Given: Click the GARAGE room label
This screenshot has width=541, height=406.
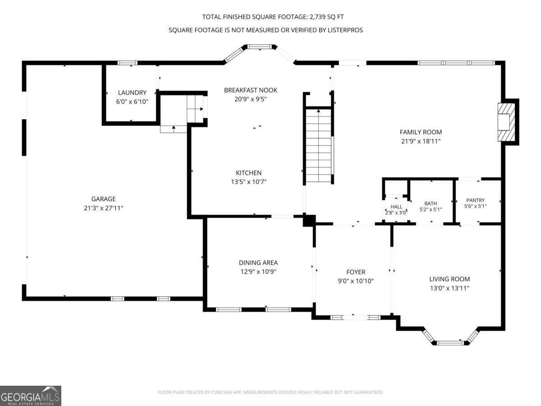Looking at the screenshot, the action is click(x=104, y=199).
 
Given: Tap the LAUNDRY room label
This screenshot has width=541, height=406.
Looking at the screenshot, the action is click(x=132, y=92).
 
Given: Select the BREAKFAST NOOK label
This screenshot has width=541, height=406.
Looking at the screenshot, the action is click(x=251, y=90).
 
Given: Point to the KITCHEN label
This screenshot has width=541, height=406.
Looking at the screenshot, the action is click(x=249, y=173).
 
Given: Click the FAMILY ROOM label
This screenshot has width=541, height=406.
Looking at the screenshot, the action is click(x=421, y=132).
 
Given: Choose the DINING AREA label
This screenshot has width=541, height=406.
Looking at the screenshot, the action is click(x=258, y=263).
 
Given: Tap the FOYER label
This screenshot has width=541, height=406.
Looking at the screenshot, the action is click(x=356, y=272).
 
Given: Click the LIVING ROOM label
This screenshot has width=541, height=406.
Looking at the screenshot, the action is click(x=449, y=279).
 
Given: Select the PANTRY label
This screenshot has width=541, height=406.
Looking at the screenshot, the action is click(x=476, y=200).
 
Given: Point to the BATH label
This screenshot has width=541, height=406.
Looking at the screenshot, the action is click(x=431, y=203).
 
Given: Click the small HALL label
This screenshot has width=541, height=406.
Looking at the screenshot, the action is click(x=396, y=207).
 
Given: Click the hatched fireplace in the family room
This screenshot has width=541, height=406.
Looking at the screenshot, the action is click(x=506, y=122).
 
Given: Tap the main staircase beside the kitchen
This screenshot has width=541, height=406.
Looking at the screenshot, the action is click(x=318, y=145).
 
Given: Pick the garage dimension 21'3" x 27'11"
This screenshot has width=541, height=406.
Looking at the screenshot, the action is click(x=104, y=208).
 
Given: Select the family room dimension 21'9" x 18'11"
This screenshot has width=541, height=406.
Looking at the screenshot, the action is click(x=421, y=141).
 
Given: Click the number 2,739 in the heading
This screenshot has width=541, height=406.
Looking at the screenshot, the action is click(x=317, y=17).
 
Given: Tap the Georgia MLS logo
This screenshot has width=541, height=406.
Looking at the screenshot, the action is click(x=31, y=396).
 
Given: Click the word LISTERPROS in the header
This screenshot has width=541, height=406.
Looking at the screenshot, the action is click(x=345, y=30).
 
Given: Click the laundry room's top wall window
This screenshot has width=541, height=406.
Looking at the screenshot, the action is click(x=128, y=63).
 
